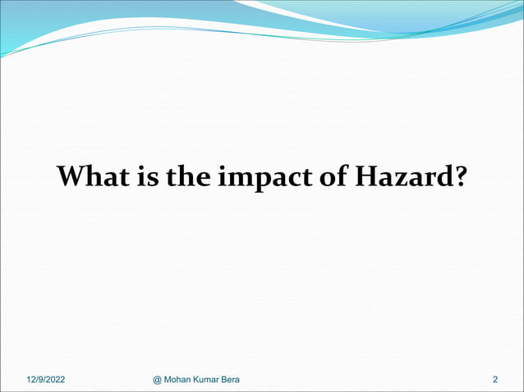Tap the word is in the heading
[145, 176]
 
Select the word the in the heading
[187, 176]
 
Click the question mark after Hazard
[457, 176]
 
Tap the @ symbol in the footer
[159, 379]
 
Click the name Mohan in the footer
[181, 379]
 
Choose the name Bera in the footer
[240, 379]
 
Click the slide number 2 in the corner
[495, 379]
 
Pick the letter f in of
[340, 175]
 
